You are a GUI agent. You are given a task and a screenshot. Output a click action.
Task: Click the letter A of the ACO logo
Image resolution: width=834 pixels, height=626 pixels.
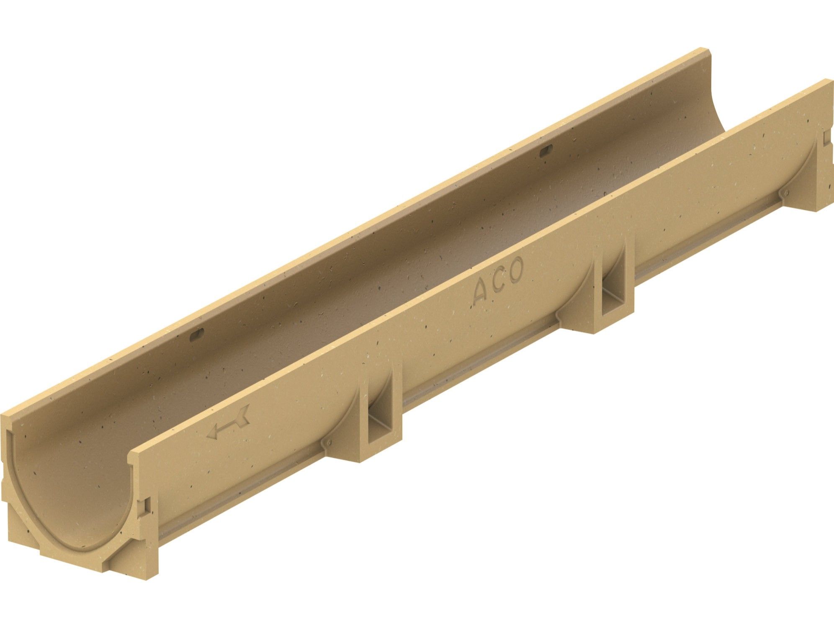coord(480,294)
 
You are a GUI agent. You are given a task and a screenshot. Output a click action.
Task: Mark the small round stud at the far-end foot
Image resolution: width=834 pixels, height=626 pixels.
coord(786,192)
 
